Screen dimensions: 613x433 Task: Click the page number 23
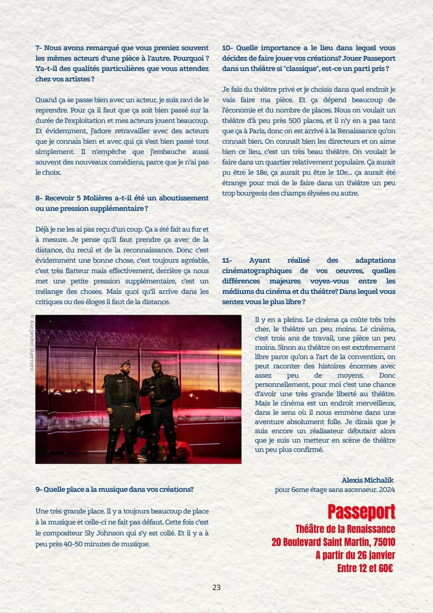(216, 587)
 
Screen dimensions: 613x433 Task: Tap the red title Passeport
(361, 513)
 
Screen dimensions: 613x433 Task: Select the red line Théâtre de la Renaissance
(345, 529)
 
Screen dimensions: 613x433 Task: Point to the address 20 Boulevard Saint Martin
(333, 542)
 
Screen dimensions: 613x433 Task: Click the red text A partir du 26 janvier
(355, 555)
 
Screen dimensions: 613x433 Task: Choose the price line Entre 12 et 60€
(365, 568)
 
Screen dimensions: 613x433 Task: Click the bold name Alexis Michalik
(368, 480)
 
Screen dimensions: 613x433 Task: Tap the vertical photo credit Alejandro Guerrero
(32, 342)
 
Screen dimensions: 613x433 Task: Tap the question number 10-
(228, 48)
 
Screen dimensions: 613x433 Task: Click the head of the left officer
(125, 367)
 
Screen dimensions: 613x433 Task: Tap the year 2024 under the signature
(386, 489)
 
